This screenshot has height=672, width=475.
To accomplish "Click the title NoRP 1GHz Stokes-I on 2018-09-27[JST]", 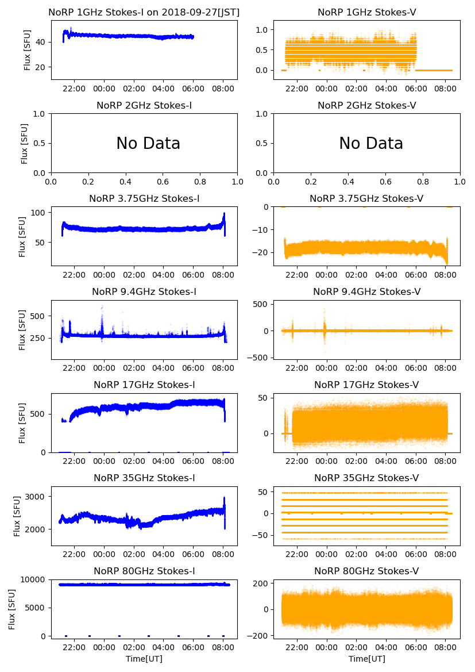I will [144, 12].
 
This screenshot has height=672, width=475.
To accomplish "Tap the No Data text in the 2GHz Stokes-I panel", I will [148, 144].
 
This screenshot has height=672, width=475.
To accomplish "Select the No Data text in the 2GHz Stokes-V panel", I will [371, 144].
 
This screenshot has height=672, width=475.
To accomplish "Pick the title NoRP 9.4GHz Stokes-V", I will [366, 292].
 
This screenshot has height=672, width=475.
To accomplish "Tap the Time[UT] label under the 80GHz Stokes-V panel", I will [366, 659].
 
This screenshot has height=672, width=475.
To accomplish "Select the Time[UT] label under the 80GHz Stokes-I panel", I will [144, 659].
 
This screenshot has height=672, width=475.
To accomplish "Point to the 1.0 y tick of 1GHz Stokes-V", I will [264, 29].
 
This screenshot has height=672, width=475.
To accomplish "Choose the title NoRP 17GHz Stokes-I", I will [144, 385].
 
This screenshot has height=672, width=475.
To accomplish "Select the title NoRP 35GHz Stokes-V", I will [366, 478].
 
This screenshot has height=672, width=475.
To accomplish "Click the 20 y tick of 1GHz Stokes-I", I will [41, 67].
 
